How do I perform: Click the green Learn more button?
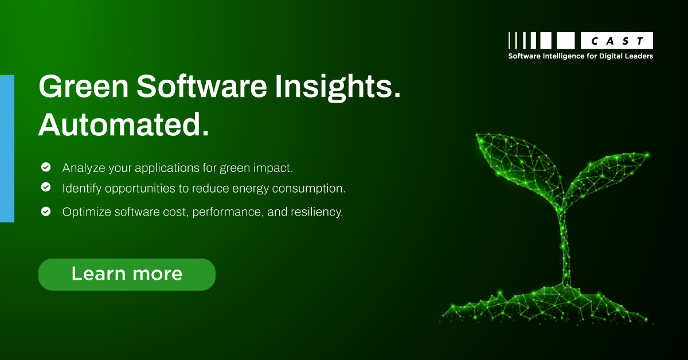127,274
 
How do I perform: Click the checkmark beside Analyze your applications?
45,167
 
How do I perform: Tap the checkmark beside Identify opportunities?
45,187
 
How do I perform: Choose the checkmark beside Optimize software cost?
45,212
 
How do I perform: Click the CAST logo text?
617,41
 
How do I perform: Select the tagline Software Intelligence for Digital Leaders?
581,56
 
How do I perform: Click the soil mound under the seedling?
550,304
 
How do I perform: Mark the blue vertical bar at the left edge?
7,148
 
